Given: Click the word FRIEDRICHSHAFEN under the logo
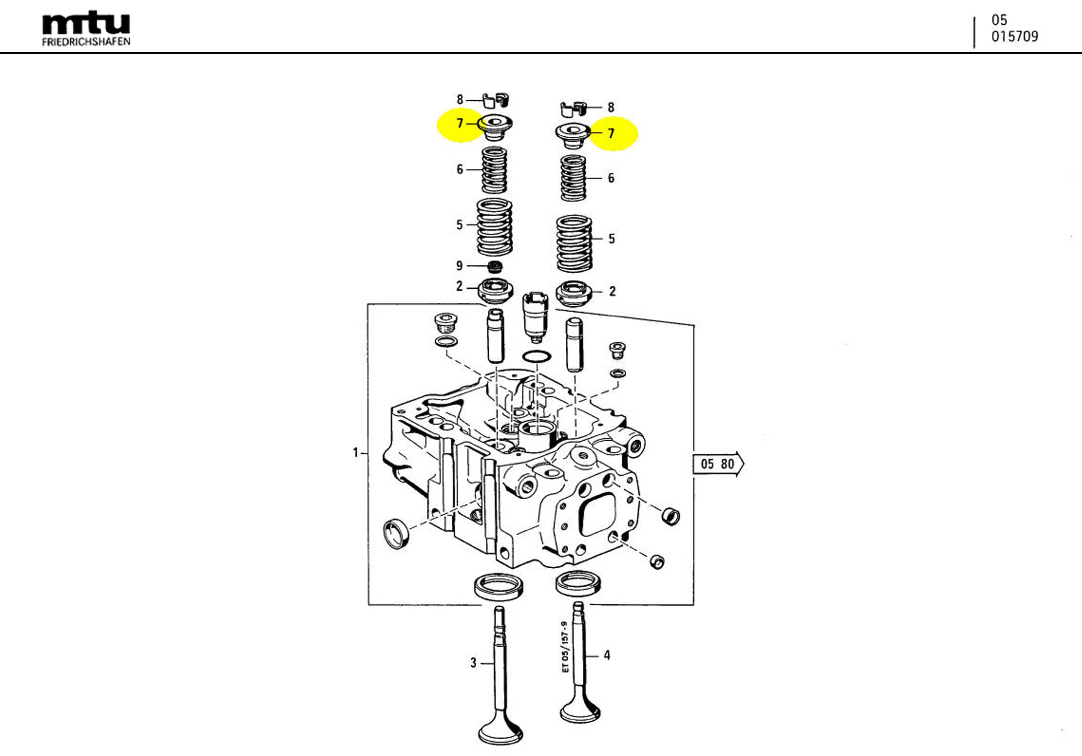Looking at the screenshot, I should tap(86, 42).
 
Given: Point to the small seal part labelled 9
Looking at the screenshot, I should tap(494, 267).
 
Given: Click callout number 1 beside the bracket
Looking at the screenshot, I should tap(356, 453).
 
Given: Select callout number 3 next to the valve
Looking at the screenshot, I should tap(473, 663).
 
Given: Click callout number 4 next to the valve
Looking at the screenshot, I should tap(607, 655).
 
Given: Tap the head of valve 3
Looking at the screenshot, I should tap(500, 733).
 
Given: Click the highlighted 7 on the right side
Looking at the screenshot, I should tap(611, 134).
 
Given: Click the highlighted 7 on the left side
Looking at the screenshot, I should tap(460, 123).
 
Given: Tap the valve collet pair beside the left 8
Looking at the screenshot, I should tap(497, 100).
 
